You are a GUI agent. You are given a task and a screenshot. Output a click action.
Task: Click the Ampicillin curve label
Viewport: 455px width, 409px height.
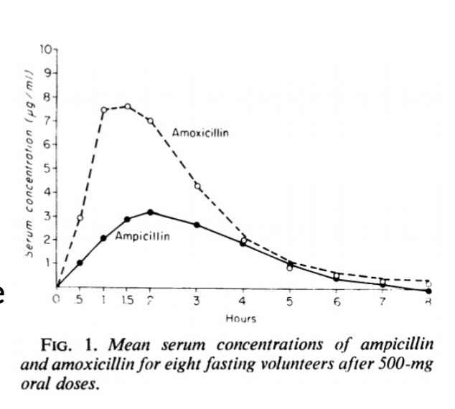coord(142,238)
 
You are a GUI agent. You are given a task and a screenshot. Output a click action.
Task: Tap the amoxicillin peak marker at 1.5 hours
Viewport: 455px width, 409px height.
coord(127,107)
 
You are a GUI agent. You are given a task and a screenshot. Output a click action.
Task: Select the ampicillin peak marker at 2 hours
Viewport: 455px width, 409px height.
coord(150,212)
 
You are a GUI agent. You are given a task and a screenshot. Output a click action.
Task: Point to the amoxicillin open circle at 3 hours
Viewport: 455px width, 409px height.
coord(197,187)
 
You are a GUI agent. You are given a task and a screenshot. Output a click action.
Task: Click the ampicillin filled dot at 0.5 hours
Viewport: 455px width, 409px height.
coord(80,263)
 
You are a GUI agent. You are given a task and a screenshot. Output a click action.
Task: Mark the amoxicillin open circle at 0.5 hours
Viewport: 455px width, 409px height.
coord(80,217)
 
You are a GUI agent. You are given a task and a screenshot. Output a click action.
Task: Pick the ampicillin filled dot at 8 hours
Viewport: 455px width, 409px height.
coord(428,291)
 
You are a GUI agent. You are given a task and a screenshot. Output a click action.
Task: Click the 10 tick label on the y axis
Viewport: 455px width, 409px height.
coord(44,49)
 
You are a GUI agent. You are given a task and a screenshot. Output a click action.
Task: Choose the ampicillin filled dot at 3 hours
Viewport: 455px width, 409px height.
coord(197,225)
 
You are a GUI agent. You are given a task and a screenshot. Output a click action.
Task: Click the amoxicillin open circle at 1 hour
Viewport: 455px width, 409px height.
coord(104,111)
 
